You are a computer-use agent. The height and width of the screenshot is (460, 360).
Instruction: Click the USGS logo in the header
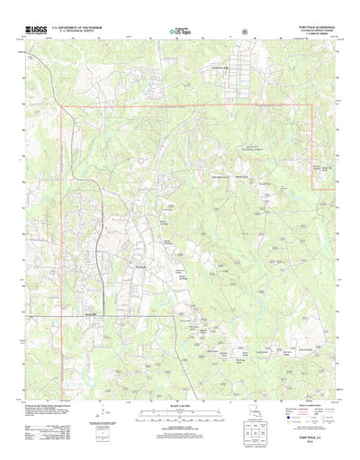tap(37, 31)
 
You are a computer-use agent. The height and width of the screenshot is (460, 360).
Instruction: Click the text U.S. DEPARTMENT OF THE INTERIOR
tap(79, 28)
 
